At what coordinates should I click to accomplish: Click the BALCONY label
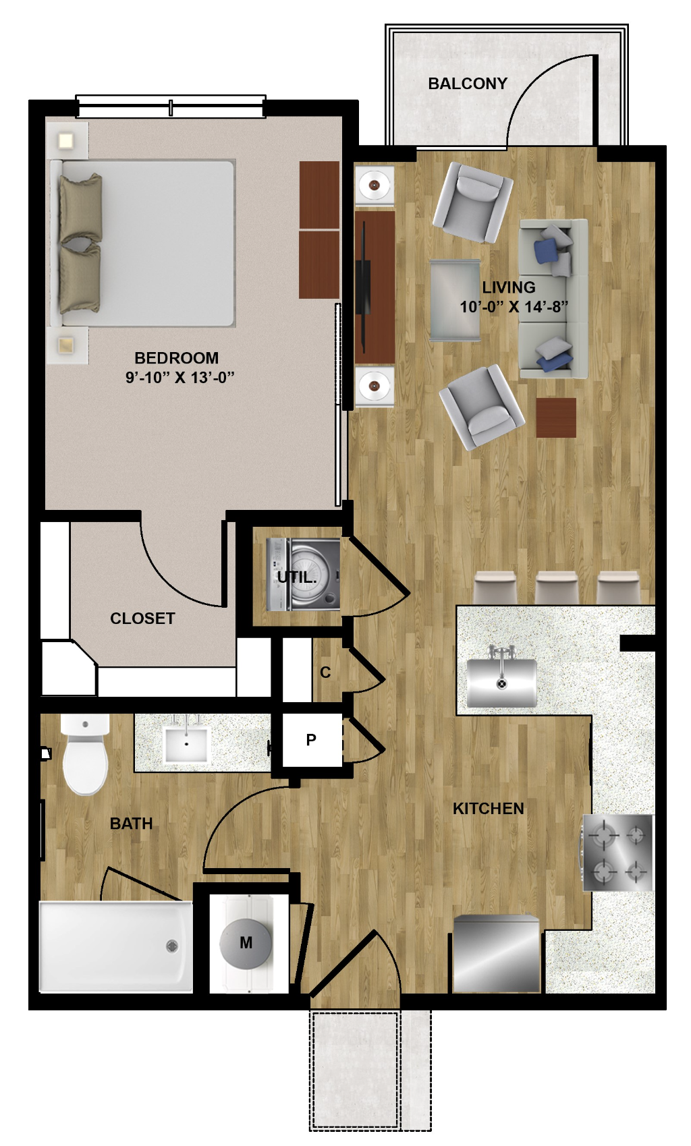468,84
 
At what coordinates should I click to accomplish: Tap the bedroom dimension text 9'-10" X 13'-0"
179,378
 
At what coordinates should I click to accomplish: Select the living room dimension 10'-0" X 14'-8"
514,306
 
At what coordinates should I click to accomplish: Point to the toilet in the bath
86,754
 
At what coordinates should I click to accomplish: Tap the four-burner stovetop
618,853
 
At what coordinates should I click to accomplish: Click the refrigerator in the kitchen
497,954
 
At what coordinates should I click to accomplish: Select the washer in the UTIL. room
303,575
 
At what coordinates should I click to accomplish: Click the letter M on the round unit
246,942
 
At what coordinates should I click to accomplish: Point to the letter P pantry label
311,740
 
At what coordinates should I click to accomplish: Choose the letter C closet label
325,672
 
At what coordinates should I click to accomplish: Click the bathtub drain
172,946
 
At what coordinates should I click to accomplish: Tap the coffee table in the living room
455,299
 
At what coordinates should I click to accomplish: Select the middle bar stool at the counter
557,588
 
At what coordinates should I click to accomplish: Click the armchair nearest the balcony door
472,202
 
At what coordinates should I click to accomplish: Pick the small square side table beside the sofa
557,418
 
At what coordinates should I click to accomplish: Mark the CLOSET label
143,619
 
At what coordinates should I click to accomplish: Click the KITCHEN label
489,809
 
